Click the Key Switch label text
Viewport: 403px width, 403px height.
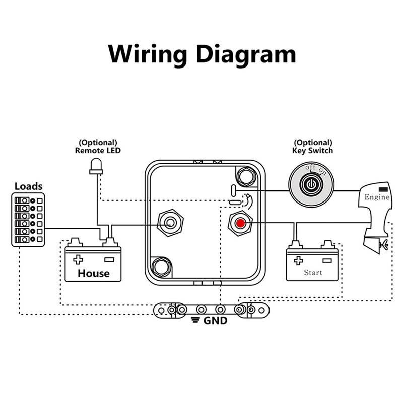312,150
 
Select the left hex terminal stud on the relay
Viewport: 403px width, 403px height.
170,222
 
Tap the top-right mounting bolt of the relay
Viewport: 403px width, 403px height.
247,175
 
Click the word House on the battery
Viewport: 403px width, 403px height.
93,273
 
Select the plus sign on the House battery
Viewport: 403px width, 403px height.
78,259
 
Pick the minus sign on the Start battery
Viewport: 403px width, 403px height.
328,260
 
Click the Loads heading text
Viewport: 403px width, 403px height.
28,186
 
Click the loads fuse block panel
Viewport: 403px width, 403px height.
28,221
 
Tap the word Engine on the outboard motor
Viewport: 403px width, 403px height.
377,197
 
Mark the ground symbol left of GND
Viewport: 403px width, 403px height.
194,321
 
